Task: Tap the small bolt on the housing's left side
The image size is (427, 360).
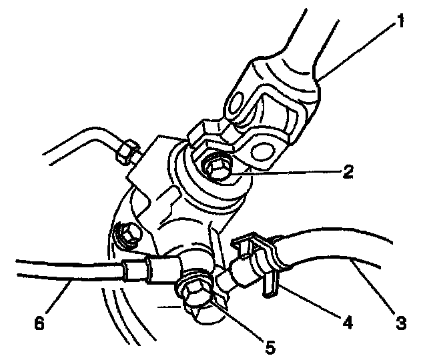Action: [125, 233]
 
